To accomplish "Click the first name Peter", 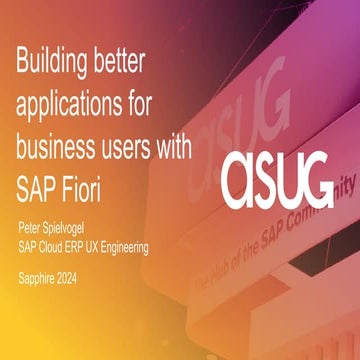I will click(31, 214).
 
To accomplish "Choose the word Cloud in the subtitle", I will click(56, 228).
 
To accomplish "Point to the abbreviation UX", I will click(107, 228).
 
